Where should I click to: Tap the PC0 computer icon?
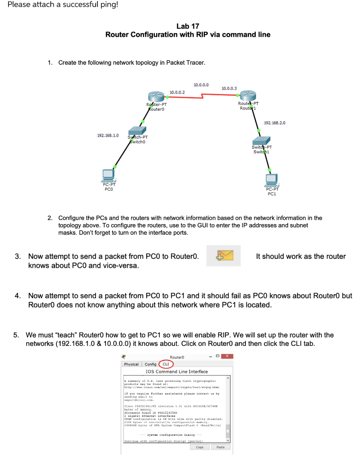point(108,174)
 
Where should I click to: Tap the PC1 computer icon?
point(271,180)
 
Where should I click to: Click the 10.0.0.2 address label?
point(177,92)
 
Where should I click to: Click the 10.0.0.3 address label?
point(229,88)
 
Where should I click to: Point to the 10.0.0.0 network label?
point(201,84)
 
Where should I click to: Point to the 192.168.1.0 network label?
point(108,135)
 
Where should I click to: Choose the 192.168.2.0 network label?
point(275,122)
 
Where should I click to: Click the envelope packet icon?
point(224,256)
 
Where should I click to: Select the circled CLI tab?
point(165,364)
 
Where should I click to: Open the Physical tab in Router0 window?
point(132,364)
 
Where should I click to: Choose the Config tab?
point(150,364)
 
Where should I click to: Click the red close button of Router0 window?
point(228,356)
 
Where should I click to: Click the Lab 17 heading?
point(188,26)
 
